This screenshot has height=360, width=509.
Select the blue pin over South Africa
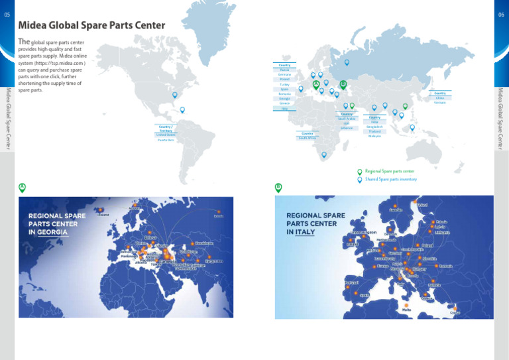pyautogui.click(x=323, y=155)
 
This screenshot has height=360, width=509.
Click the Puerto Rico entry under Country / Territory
pyautogui.click(x=166, y=141)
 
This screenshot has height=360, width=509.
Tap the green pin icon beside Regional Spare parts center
pyautogui.click(x=360, y=171)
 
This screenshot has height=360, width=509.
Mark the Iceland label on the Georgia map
pyautogui.click(x=103, y=215)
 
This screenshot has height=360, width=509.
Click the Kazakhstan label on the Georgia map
pyautogui.click(x=205, y=243)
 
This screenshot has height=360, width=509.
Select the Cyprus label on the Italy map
pyautogui.click(x=455, y=312)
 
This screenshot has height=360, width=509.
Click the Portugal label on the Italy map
pyautogui.click(x=351, y=283)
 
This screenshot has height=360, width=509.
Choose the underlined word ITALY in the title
pyautogui.click(x=305, y=233)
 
